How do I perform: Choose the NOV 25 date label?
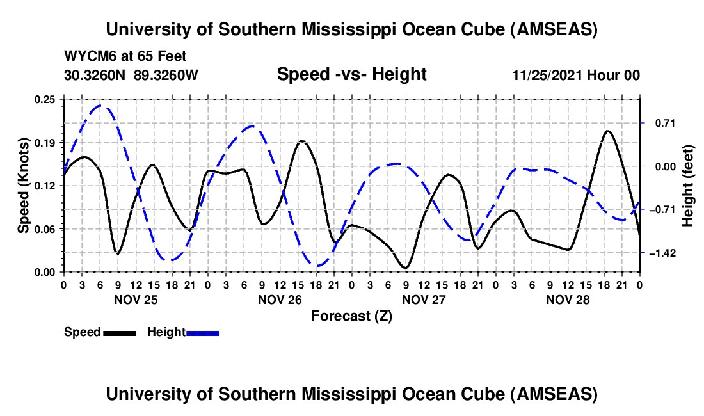click(x=135, y=299)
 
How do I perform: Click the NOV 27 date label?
click(x=424, y=299)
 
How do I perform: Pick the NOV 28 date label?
click(x=568, y=299)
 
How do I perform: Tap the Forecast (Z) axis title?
click(x=351, y=316)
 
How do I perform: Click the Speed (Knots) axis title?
click(x=23, y=186)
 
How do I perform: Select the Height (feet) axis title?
click(x=688, y=186)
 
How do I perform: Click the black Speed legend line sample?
click(x=119, y=333)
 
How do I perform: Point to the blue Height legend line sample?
click(x=202, y=333)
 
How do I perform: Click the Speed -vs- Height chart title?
click(x=351, y=75)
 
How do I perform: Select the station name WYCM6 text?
click(x=88, y=57)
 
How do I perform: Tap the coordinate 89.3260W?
click(x=166, y=75)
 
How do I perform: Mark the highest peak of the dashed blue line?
click(x=100, y=105)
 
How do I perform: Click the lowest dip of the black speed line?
click(x=405, y=268)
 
